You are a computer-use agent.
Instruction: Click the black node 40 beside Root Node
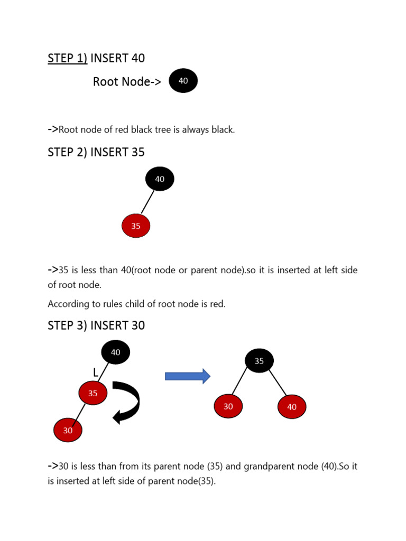(183, 81)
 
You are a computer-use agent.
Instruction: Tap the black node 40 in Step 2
(160, 179)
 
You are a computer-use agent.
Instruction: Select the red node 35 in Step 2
(136, 226)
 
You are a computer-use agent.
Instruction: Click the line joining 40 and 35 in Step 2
(148, 202)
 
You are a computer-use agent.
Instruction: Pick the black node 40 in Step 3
(115, 352)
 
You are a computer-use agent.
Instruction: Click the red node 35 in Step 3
(93, 393)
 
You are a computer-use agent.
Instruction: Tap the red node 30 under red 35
(68, 431)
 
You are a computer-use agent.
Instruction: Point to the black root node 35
(259, 361)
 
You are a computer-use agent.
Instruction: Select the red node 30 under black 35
(228, 406)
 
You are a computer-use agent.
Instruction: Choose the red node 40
(291, 407)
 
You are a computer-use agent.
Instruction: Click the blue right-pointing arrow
(188, 376)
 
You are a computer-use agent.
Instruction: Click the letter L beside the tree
(96, 373)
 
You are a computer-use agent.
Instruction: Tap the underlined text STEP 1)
(68, 58)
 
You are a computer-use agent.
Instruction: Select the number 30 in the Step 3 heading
(137, 325)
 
